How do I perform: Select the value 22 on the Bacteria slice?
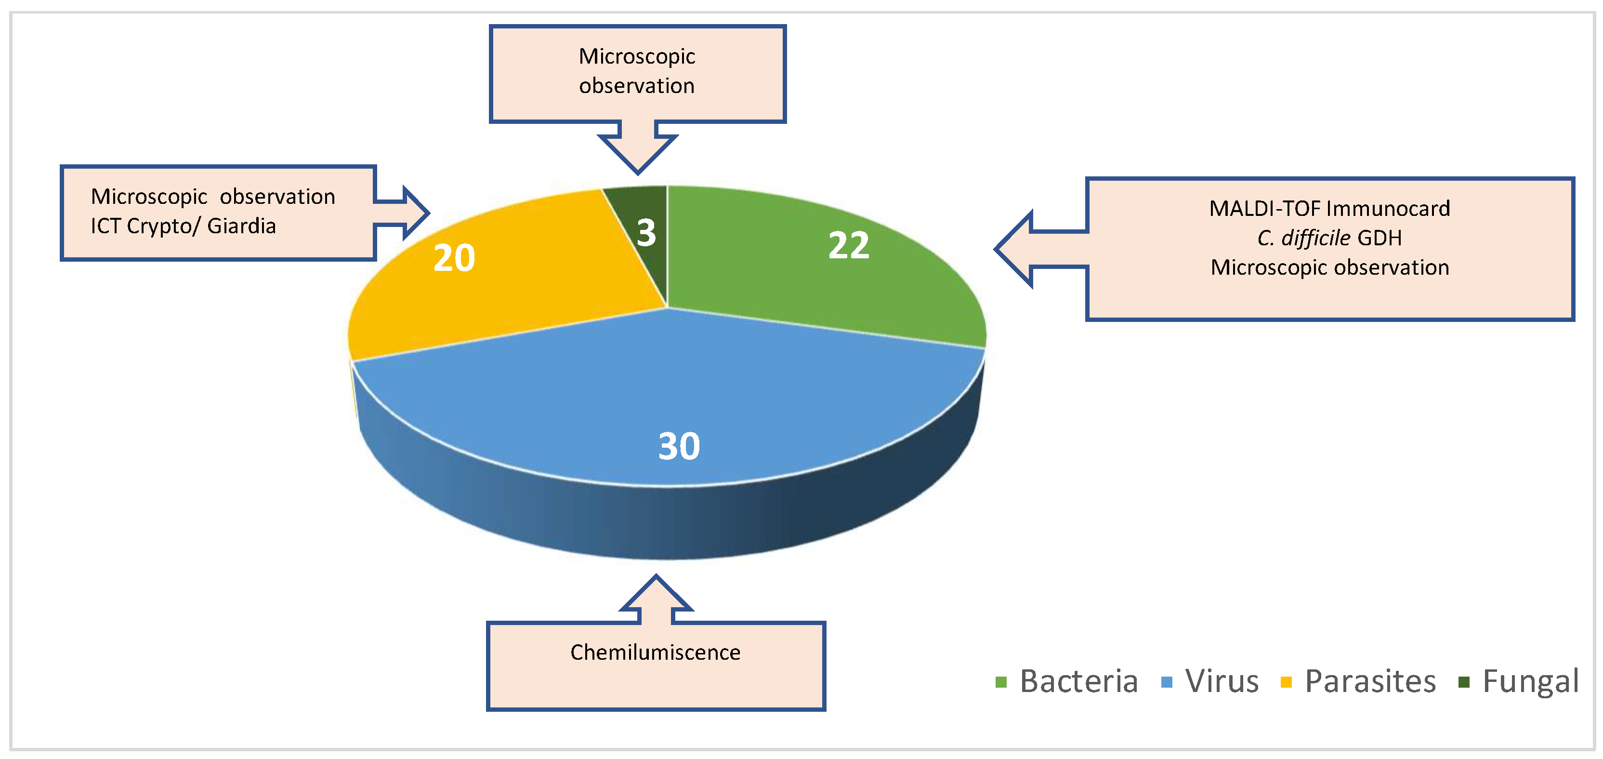[848, 245]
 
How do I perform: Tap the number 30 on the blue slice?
[679, 446]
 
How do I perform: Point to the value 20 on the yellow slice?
[454, 258]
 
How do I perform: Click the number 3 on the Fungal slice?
[646, 233]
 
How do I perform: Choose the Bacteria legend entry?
[1078, 681]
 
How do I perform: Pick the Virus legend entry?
[1222, 681]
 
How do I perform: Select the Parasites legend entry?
[1370, 681]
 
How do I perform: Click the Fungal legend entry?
[1530, 681]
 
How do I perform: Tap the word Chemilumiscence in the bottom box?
[655, 652]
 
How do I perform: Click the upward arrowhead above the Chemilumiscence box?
[656, 595]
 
